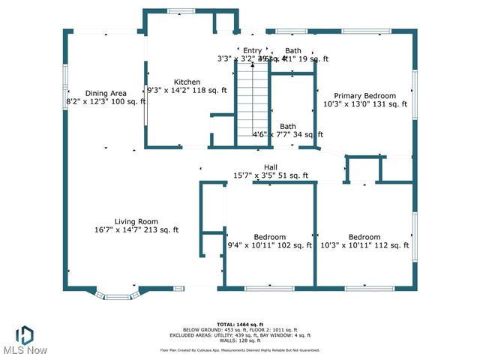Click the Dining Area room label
pyautogui.click(x=101, y=93)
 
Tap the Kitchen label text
pyautogui.click(x=187, y=82)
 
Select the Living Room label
pyautogui.click(x=136, y=221)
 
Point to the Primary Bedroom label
pyautogui.click(x=364, y=95)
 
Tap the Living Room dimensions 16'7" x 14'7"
pyautogui.click(x=136, y=230)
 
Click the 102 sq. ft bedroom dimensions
pyautogui.click(x=269, y=245)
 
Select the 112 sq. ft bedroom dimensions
pyautogui.click(x=364, y=245)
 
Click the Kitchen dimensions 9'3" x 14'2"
pyautogui.click(x=187, y=91)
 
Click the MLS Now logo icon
pyautogui.click(x=25, y=332)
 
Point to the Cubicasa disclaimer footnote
pyautogui.click(x=239, y=349)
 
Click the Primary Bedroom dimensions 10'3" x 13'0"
pyautogui.click(x=364, y=104)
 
